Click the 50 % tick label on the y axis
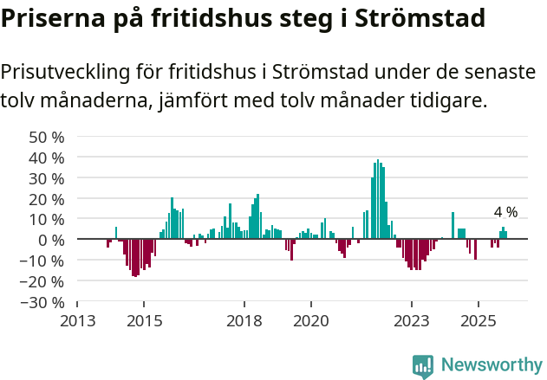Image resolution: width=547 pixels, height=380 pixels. tap(47, 137)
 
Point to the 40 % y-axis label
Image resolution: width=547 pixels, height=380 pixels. tap(47, 158)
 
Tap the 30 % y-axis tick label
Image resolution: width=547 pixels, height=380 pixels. tap(47, 178)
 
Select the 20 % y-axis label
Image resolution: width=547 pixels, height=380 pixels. tap(47, 198)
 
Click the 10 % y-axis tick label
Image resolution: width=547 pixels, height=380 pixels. tap(47, 219)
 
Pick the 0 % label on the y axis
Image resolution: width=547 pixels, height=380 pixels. tap(50, 240)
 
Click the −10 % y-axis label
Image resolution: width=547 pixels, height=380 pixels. tap(42, 261)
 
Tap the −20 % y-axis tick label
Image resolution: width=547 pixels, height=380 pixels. tap(42, 281)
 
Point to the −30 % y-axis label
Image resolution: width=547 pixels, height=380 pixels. tap(42, 302)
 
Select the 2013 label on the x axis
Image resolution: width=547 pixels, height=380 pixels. tap(77, 321)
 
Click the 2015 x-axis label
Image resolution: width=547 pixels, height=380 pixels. tap(144, 321)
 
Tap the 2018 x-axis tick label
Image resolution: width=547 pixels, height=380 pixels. tap(244, 321)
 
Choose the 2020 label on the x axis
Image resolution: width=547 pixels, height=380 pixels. tap(311, 321)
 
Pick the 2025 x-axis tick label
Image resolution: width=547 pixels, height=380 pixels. tap(478, 321)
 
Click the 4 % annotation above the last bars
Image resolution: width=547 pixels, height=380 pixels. tap(505, 212)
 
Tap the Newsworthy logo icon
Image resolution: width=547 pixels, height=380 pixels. tap(423, 366)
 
